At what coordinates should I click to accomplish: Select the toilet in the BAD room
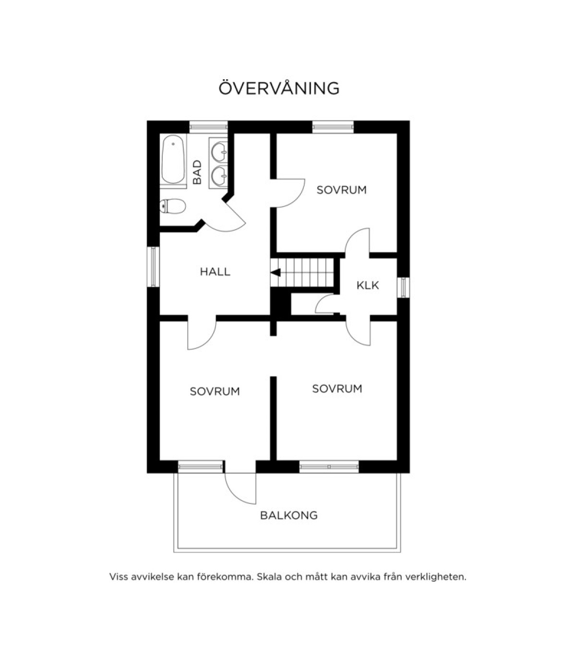pos(173,206)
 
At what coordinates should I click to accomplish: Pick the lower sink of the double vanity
pos(219,175)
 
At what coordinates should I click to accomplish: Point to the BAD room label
pos(197,172)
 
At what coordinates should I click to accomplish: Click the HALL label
pos(215,272)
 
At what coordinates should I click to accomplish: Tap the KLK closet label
pos(368,285)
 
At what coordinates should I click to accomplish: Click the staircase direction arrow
pos(275,273)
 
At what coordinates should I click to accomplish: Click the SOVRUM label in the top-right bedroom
pos(341,190)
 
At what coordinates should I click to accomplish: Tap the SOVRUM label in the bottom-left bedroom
pos(215,392)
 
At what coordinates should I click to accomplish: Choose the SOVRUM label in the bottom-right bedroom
pos(337,389)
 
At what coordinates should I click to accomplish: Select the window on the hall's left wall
pos(153,267)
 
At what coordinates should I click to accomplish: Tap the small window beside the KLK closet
pos(403,287)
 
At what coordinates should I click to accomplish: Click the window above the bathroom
pos(208,127)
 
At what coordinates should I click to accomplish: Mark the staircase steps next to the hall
pos(302,272)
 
